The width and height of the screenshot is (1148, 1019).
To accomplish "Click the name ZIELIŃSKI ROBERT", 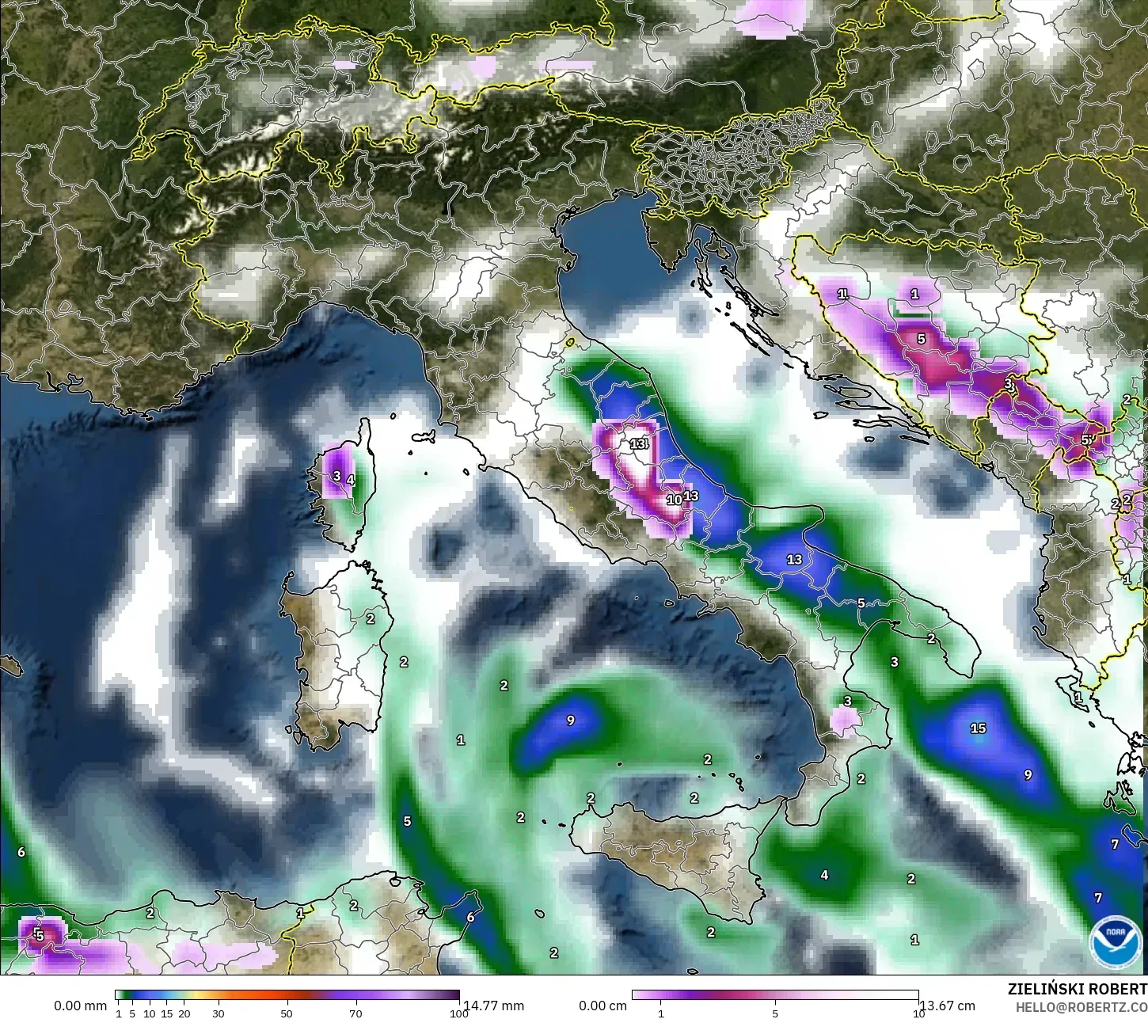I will pyautogui.click(x=1077, y=989).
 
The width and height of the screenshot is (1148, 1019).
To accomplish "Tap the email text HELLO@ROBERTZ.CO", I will pyautogui.click(x=1081, y=1006).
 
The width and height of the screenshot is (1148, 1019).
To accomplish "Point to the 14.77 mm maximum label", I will pyautogui.click(x=493, y=1006).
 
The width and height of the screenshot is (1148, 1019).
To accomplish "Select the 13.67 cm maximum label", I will pyautogui.click(x=947, y=1006).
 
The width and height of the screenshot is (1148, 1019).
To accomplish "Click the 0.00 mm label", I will pyautogui.click(x=80, y=1006).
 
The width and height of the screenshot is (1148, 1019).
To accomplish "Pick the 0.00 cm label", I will pyautogui.click(x=603, y=1006).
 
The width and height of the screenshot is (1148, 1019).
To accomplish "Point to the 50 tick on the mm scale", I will pyautogui.click(x=287, y=1013).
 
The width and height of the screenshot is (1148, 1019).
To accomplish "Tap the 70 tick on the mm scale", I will pyautogui.click(x=355, y=1013).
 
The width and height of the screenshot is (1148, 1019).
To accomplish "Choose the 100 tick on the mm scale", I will pyautogui.click(x=458, y=1013).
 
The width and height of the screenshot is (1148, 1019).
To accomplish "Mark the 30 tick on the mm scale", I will pyautogui.click(x=219, y=1013).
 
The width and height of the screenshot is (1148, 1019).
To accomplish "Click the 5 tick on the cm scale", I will pyautogui.click(x=775, y=1013).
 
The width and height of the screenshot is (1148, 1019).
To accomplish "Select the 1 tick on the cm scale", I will pyautogui.click(x=661, y=1013).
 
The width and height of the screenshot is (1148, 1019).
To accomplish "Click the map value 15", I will pyautogui.click(x=978, y=728).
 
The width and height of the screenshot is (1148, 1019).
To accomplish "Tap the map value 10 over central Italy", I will pyautogui.click(x=673, y=500).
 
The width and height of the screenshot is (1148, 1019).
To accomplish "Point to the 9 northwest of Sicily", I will pyautogui.click(x=570, y=721).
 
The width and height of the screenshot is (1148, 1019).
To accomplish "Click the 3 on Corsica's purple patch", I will pyautogui.click(x=336, y=476).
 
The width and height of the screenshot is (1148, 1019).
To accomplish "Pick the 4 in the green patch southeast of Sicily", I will pyautogui.click(x=824, y=875).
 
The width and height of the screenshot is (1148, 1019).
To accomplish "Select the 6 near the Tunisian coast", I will pyautogui.click(x=470, y=917).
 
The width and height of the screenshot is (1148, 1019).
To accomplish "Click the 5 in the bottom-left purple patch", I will pyautogui.click(x=39, y=935).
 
